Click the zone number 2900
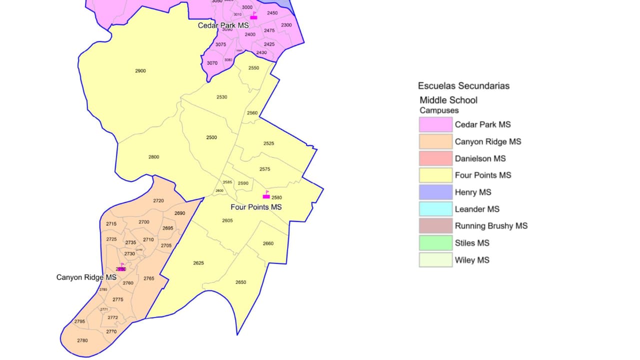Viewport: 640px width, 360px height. tap(140, 71)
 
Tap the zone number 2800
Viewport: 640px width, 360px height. tap(153, 157)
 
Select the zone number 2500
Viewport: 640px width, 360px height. tap(211, 137)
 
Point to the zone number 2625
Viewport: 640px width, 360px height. tap(198, 263)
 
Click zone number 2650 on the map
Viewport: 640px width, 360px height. tap(240, 282)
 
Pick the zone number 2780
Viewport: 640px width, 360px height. tap(82, 340)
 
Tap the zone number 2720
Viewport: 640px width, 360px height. tap(158, 200)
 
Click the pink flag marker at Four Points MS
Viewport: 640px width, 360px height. tap(266, 195)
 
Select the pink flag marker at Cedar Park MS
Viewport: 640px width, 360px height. tap(253, 16)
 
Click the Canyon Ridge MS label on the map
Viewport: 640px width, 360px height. tap(86, 277)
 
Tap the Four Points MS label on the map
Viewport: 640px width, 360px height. tap(256, 207)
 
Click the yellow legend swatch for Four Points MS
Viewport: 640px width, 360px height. tap(435, 175)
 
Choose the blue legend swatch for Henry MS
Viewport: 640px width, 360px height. tap(435, 192)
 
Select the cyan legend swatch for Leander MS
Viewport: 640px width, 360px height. tap(435, 209)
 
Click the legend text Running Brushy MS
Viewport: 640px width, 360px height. tap(491, 226)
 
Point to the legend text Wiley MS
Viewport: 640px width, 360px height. tap(472, 260)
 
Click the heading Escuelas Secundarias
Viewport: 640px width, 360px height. tap(463, 86)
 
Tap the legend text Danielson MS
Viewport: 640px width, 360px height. tap(480, 158)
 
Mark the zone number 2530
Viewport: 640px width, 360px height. tap(221, 97)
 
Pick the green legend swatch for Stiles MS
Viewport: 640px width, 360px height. tap(435, 243)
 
